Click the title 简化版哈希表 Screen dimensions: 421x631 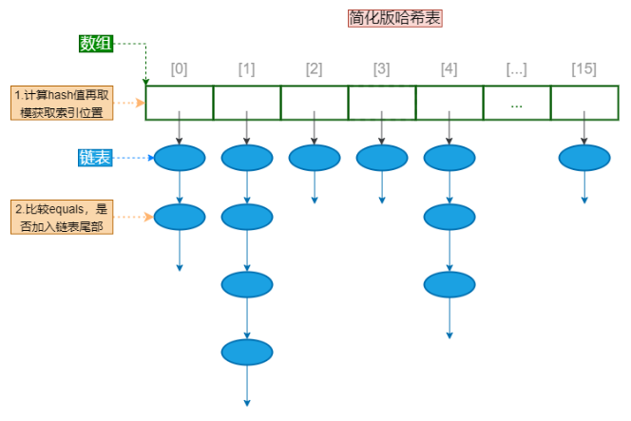[x=395, y=18]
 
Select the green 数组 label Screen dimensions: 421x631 [x=96, y=43]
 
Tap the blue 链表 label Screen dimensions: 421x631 [x=96, y=158]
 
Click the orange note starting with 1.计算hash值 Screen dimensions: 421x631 [x=63, y=103]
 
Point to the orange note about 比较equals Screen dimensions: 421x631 [x=63, y=217]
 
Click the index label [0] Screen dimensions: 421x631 [x=179, y=69]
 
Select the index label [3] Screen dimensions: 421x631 [x=382, y=69]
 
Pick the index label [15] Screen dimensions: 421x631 [x=584, y=69]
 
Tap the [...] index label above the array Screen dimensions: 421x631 [x=517, y=69]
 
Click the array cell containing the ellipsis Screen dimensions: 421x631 [x=517, y=104]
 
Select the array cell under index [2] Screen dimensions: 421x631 [x=315, y=104]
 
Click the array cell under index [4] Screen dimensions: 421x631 [x=449, y=104]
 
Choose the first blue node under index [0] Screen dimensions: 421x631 [x=180, y=158]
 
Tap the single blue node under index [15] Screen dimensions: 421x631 [x=584, y=158]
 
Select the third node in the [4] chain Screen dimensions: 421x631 [x=449, y=284]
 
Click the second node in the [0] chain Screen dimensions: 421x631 [x=180, y=217]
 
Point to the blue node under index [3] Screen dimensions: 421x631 [x=382, y=158]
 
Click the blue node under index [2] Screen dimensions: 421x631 [x=315, y=158]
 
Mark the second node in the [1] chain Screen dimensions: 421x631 [x=247, y=217]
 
